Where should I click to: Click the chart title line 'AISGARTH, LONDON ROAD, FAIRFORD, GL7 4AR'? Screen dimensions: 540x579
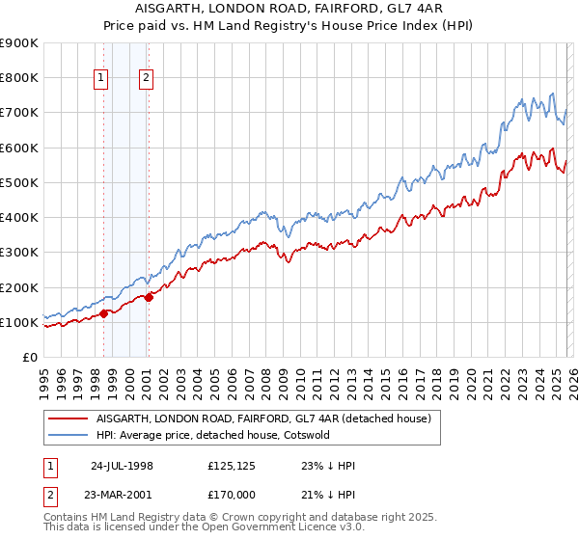tap(289, 9)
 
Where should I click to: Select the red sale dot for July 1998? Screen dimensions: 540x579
tap(103, 312)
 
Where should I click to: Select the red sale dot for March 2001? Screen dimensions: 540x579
tap(149, 297)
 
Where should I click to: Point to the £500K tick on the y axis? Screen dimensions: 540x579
tap(19, 182)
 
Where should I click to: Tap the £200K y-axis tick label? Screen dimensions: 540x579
tap(19, 287)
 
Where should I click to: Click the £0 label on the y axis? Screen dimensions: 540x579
tap(29, 357)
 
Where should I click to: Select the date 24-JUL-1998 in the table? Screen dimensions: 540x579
tap(122, 466)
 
